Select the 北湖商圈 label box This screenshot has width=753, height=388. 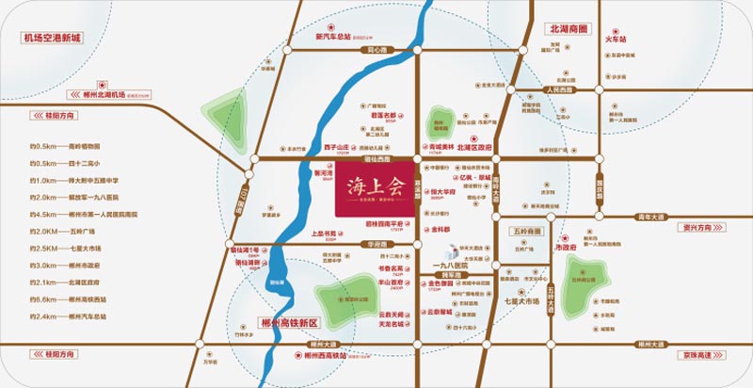pyautogui.click(x=568, y=29)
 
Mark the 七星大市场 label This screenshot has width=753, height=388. pyautogui.click(x=522, y=301)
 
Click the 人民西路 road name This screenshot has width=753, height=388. pyautogui.click(x=560, y=90)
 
